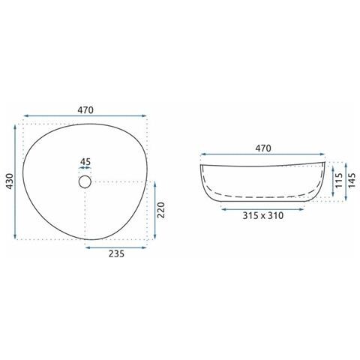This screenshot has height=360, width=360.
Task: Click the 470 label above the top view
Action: (x=85, y=110)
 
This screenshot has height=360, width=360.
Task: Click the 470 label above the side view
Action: (x=263, y=148)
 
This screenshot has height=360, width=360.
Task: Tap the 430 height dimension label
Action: (x=10, y=181)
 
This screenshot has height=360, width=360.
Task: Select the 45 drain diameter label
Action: (x=85, y=162)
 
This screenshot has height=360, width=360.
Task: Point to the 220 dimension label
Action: (x=162, y=210)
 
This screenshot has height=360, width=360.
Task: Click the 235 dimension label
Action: (x=116, y=253)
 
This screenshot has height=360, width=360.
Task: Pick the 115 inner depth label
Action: (x=338, y=180)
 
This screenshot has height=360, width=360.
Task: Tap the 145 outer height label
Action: (x=352, y=180)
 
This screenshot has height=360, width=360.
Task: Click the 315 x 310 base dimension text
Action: (x=263, y=215)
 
